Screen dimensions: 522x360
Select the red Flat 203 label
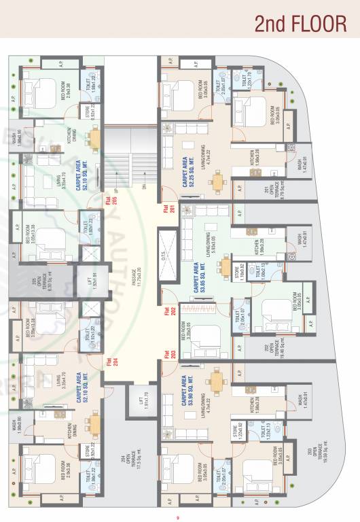click(x=166, y=353)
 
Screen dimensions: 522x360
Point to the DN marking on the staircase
click(x=143, y=188)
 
